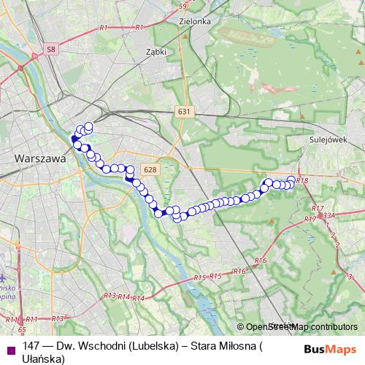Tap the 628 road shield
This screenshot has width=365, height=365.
pyautogui.click(x=150, y=169)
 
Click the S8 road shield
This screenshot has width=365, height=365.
pyautogui.click(x=50, y=50)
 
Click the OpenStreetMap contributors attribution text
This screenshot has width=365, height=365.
pyautogui.click(x=301, y=327)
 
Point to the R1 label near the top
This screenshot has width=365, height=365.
pyautogui.click(x=104, y=27)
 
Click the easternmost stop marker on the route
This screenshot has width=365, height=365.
pyautogui.click(x=292, y=180)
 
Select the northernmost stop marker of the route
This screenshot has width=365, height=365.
pyautogui.click(x=89, y=126)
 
